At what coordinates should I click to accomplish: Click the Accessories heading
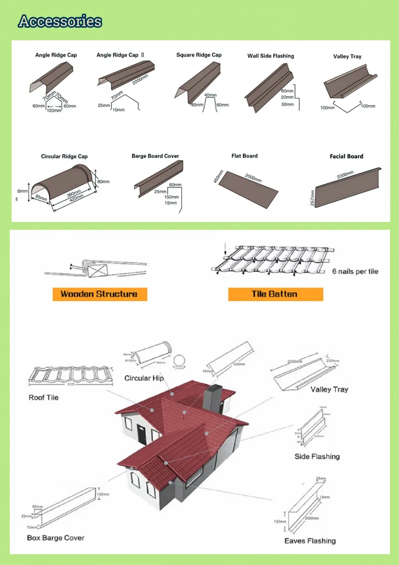tap(60, 21)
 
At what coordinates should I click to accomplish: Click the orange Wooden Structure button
tap(99, 294)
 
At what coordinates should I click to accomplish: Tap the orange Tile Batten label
tap(275, 294)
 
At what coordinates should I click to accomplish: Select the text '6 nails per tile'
tap(355, 271)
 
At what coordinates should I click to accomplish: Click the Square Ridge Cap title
tap(199, 55)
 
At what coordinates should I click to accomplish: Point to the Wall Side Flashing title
tap(270, 56)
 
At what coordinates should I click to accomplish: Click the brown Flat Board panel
tap(248, 191)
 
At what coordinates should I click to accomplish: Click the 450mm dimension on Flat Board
tap(218, 177)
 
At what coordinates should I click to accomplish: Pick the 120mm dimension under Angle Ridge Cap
tap(54, 110)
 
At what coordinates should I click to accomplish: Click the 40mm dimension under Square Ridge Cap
tap(210, 95)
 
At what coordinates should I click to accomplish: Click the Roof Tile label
tap(43, 398)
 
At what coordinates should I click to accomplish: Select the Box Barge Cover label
tap(56, 538)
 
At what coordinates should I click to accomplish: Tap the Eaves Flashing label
tap(310, 541)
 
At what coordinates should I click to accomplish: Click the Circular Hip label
tap(144, 378)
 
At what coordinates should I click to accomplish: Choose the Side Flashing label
tap(317, 456)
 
